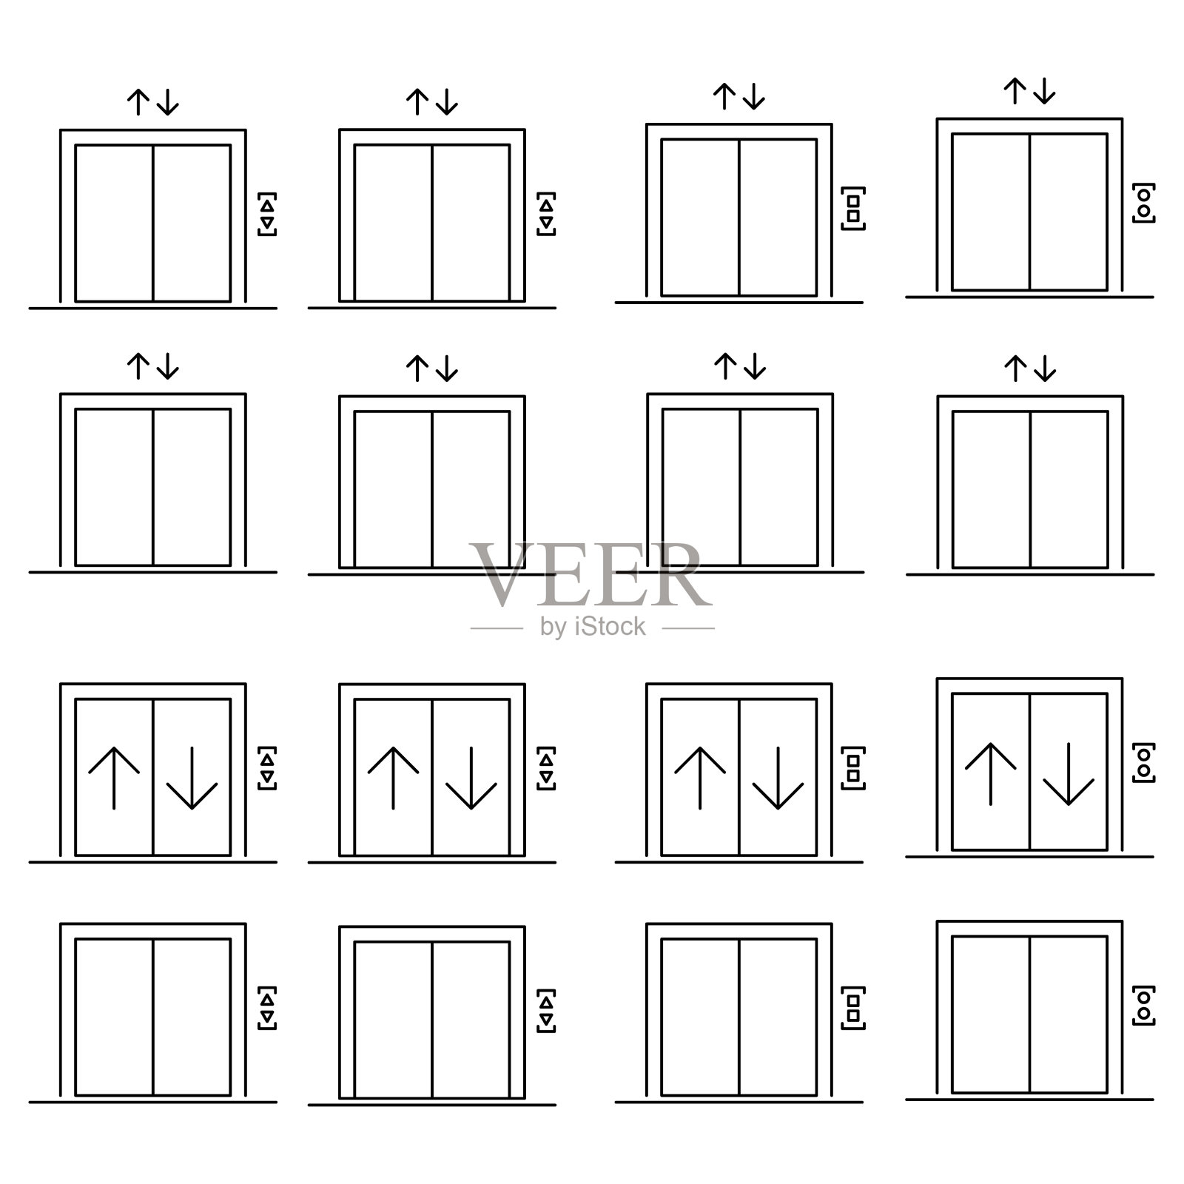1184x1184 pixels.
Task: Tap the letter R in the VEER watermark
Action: [679, 573]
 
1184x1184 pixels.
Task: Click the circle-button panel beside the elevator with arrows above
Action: [1144, 203]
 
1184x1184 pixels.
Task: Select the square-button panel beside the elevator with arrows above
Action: [853, 208]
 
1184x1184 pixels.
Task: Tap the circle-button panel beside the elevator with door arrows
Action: [1144, 762]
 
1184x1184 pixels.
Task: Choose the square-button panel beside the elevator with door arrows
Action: [853, 768]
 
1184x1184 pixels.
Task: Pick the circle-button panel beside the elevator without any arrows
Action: [1144, 1005]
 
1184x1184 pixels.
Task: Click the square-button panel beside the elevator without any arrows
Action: [853, 1008]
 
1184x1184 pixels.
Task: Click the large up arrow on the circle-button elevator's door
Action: [991, 773]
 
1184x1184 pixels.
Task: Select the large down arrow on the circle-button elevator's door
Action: [1069, 773]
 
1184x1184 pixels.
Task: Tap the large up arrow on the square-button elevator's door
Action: [700, 778]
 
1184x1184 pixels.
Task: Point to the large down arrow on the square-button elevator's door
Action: [778, 778]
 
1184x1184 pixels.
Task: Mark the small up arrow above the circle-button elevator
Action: [1015, 91]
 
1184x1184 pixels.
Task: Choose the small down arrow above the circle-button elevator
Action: [1044, 91]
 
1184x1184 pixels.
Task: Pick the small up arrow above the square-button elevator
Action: [724, 96]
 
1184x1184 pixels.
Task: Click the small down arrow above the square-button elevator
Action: [753, 96]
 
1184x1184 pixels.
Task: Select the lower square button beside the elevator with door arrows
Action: [853, 776]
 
